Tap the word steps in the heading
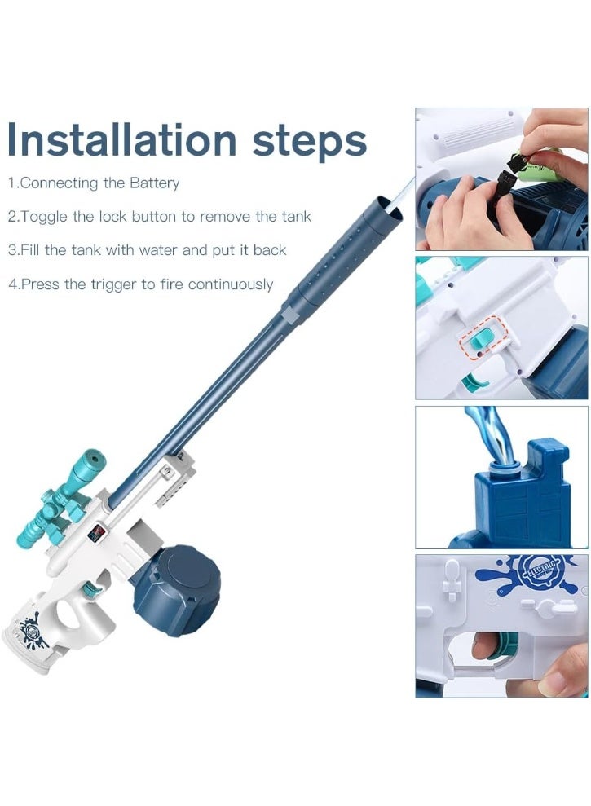pyautogui.click(x=309, y=143)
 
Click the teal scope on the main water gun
pyautogui.click(x=64, y=497)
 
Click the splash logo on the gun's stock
pyautogui.click(x=33, y=632)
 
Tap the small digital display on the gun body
pyautogui.click(x=96, y=532)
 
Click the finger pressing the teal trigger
pyautogui.click(x=487, y=645)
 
